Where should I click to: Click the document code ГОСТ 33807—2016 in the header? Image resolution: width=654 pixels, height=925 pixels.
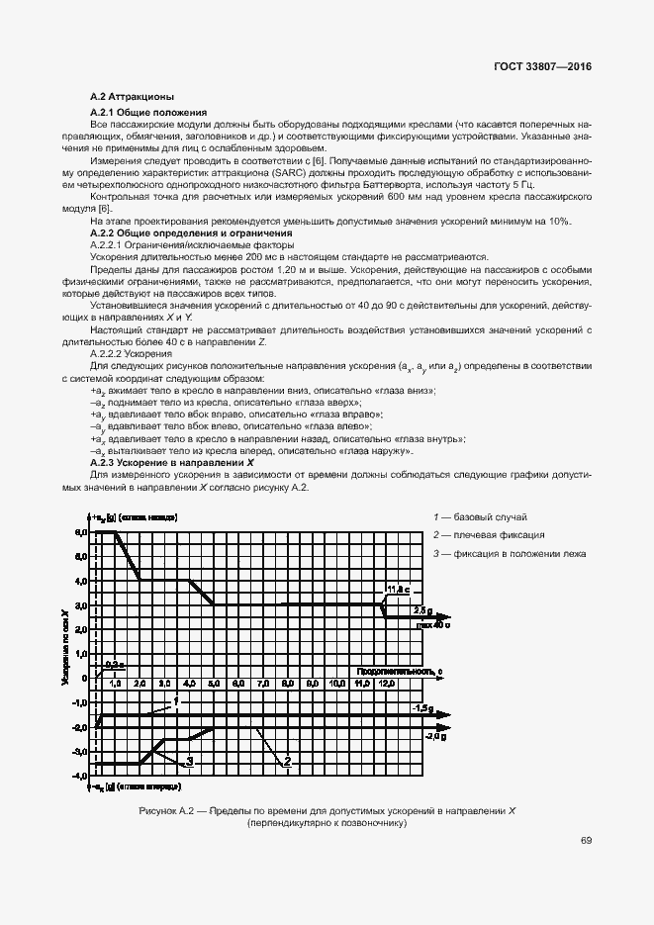click(542, 66)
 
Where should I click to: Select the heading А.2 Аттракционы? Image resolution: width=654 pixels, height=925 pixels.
click(132, 97)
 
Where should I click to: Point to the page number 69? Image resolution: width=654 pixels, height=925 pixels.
click(586, 841)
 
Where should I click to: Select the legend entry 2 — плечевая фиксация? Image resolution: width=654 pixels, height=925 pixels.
click(489, 535)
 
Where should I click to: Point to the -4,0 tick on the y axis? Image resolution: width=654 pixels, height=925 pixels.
click(80, 777)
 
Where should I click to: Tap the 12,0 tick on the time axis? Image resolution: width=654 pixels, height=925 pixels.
click(383, 684)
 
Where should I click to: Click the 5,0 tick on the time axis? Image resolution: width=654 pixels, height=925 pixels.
click(213, 684)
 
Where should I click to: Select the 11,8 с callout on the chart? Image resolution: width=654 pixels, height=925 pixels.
click(398, 590)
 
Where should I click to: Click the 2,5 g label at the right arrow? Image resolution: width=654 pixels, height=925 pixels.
click(422, 610)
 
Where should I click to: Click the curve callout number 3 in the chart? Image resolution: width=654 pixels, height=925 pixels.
click(187, 762)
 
